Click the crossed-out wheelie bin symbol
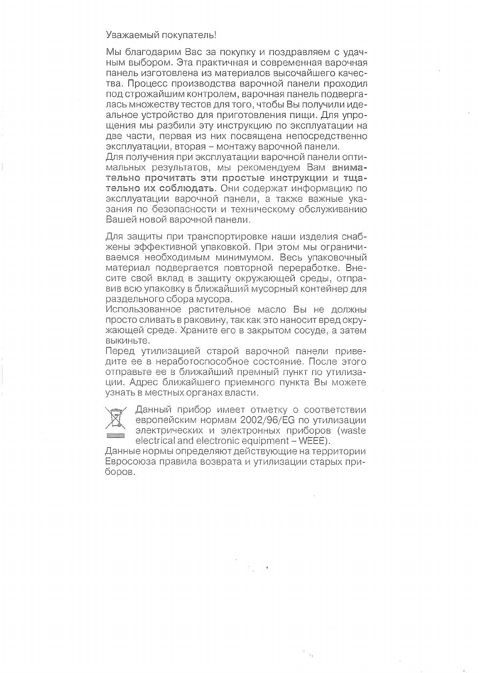pos(115,418)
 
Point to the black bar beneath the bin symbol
pos(115,436)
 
